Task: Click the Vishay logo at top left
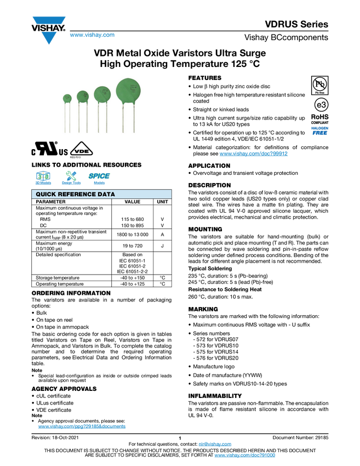tap(48, 30)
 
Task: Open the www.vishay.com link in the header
tap(92, 35)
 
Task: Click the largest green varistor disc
tap(128, 90)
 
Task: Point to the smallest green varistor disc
tap(67, 99)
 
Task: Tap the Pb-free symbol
tap(319, 86)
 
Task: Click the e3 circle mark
tap(321, 105)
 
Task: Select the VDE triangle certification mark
tap(81, 150)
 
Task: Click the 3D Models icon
tap(43, 178)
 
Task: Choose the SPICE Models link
tap(99, 178)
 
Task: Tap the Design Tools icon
tap(71, 178)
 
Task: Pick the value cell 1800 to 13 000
tap(133, 235)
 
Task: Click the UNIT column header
tap(163, 202)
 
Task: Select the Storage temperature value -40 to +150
tap(133, 278)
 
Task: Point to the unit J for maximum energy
tap(163, 246)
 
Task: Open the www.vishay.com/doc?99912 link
tap(253, 154)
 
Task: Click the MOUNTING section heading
tap(205, 229)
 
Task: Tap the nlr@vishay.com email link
tap(215, 444)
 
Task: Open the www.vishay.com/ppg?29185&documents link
tap(82, 427)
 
